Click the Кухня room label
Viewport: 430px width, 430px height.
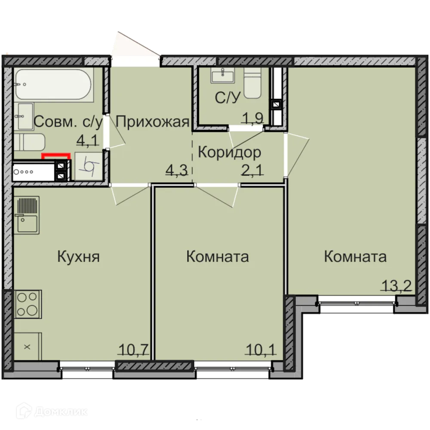[79, 257]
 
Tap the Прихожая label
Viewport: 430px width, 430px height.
[153, 122]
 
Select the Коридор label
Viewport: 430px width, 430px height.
[229, 152]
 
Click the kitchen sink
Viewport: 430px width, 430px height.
[27, 215]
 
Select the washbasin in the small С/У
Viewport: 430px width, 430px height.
[223, 77]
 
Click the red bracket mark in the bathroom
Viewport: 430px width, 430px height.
[55, 155]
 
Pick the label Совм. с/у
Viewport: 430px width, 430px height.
[68, 123]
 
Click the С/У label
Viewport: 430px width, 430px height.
[227, 98]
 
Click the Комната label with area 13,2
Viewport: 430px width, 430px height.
[355, 257]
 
